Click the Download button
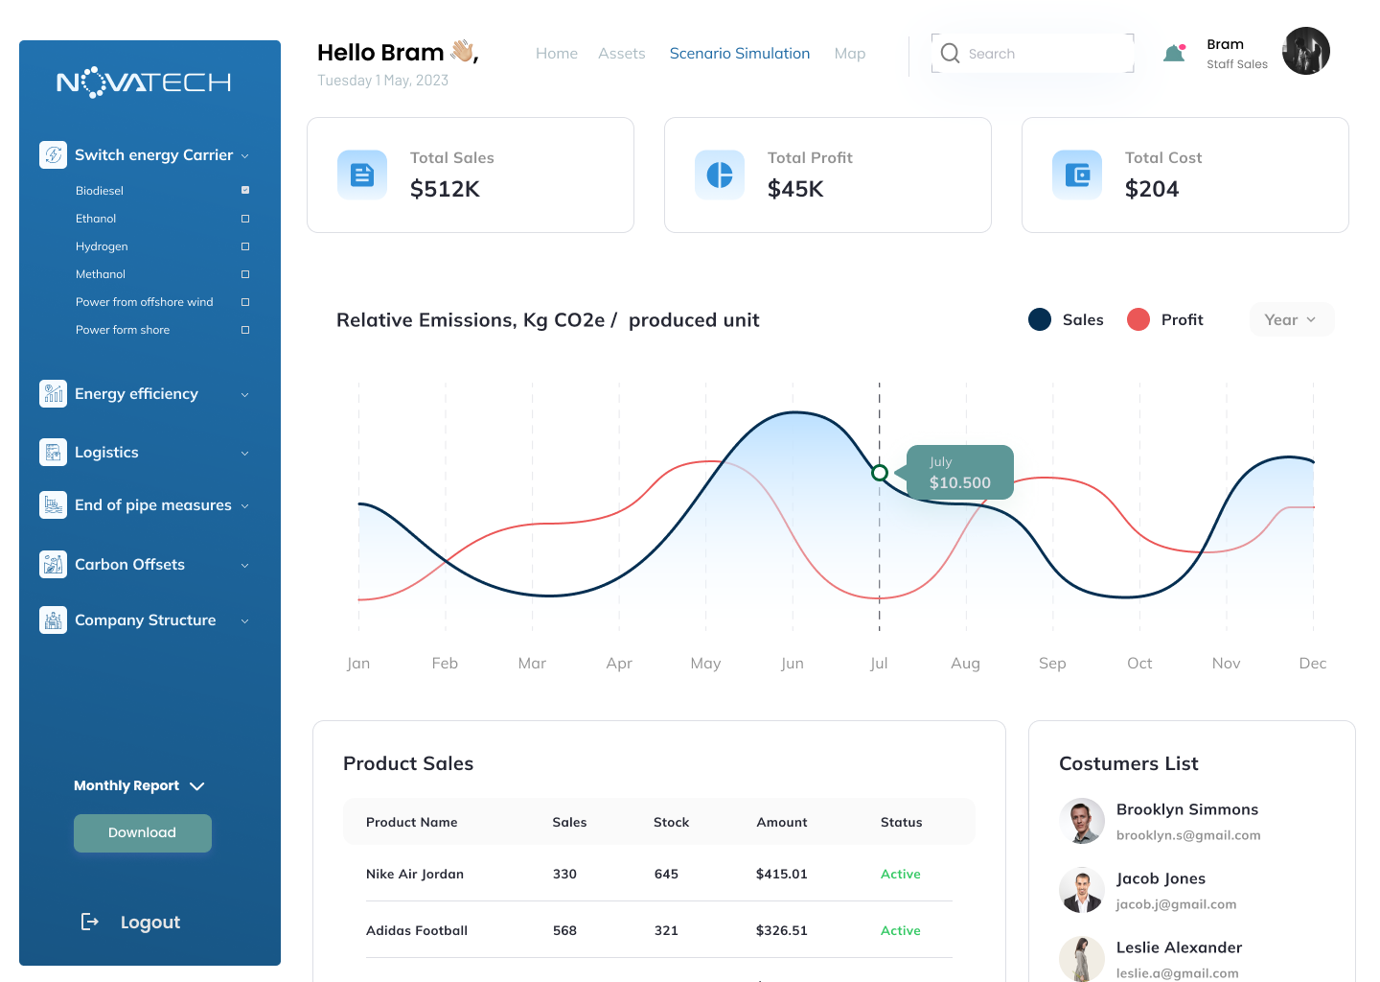point(142,832)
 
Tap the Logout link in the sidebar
point(149,923)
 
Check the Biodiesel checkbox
point(245,190)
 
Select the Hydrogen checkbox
point(245,246)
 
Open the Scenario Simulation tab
point(739,54)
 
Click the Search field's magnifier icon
point(950,54)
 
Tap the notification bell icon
point(1174,54)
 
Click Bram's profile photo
point(1305,51)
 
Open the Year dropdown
point(1291,320)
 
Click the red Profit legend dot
point(1138,320)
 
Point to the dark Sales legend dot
point(1040,320)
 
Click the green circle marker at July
point(880,473)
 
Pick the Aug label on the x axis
point(965,664)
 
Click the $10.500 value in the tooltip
point(959,483)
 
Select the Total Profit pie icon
point(720,175)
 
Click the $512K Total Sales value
point(445,189)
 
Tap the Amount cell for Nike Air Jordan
point(781,875)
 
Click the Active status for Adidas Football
point(900,931)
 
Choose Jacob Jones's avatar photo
point(1082,891)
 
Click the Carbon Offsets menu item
point(129,565)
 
